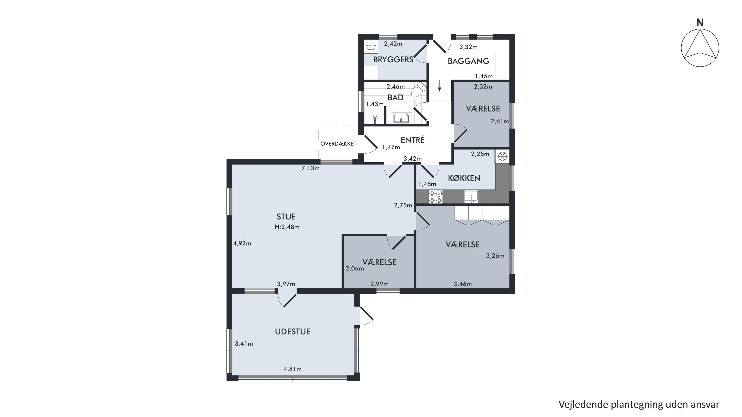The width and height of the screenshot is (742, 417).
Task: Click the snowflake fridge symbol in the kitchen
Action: pyautogui.click(x=502, y=156)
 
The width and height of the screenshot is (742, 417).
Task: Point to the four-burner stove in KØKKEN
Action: pyautogui.click(x=435, y=197)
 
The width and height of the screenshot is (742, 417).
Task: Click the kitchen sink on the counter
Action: pyautogui.click(x=471, y=196)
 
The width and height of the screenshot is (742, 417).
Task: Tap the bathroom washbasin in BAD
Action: pyautogui.click(x=401, y=118)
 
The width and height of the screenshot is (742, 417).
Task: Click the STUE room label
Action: pyautogui.click(x=286, y=217)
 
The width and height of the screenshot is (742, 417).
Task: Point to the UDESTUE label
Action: pyautogui.click(x=293, y=332)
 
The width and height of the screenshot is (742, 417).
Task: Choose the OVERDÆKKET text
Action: pyautogui.click(x=338, y=144)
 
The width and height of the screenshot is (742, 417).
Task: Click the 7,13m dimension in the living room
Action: pyautogui.click(x=310, y=168)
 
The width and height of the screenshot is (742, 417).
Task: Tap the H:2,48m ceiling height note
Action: pyautogui.click(x=287, y=227)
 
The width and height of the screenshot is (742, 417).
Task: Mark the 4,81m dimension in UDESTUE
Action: pyautogui.click(x=293, y=369)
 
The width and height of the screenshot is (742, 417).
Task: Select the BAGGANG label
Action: pyautogui.click(x=468, y=61)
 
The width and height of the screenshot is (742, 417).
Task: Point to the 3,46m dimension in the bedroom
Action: pyautogui.click(x=463, y=284)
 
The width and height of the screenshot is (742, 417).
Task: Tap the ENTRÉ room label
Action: pyautogui.click(x=413, y=140)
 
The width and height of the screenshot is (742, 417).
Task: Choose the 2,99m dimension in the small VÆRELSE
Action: pyautogui.click(x=379, y=284)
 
